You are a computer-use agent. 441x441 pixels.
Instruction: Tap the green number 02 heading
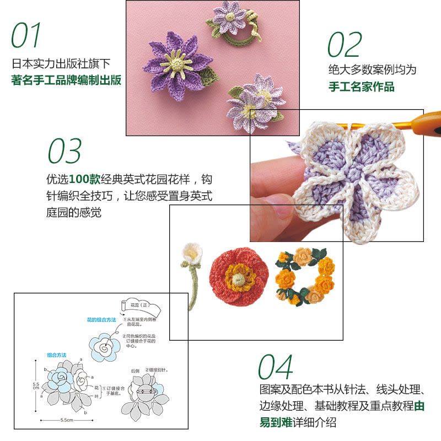click(x=345, y=45)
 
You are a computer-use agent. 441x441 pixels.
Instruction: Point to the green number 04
click(x=276, y=367)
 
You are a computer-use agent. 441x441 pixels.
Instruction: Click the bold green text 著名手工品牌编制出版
click(x=66, y=80)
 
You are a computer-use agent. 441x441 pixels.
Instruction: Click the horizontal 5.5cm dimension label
click(x=67, y=420)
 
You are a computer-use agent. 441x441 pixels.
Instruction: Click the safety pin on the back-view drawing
click(x=147, y=390)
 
